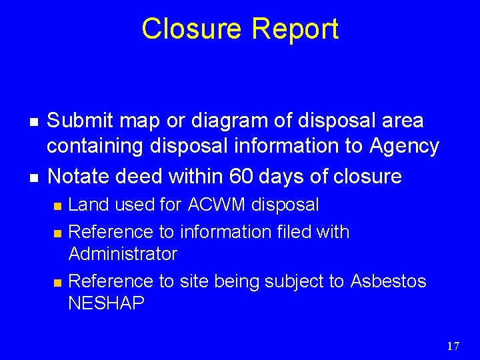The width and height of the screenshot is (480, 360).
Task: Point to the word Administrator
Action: click(123, 254)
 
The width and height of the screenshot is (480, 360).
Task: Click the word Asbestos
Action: click(387, 281)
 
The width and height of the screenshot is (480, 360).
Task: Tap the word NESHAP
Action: click(107, 304)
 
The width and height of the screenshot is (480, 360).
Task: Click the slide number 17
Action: click(453, 345)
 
